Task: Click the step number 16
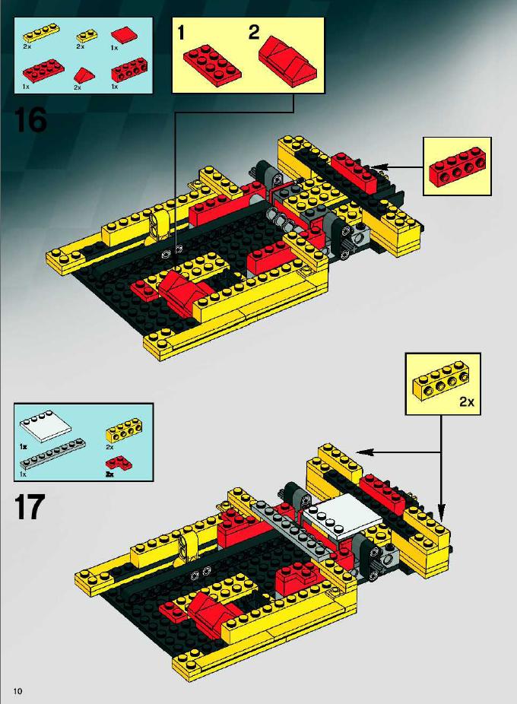pos(30,119)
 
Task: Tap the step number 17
pos(30,506)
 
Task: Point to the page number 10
pos(18,690)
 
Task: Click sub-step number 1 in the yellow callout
pos(181,33)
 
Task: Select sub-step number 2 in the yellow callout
pos(254,33)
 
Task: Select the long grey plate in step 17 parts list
pos(52,453)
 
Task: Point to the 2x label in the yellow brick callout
pos(467,402)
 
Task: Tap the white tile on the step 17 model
pos(342,515)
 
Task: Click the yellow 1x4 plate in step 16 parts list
pos(40,34)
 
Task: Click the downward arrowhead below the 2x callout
pos(441,513)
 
